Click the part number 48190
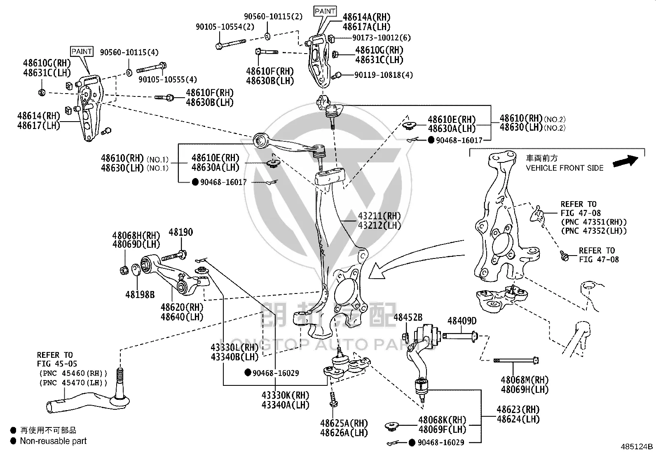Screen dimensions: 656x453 click(x=181, y=232)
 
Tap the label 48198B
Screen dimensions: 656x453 click(x=140, y=294)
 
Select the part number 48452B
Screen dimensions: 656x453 click(x=408, y=317)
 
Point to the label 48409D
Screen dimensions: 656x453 click(x=462, y=321)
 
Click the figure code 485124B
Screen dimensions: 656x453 click(x=637, y=446)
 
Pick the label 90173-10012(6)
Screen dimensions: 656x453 click(x=381, y=38)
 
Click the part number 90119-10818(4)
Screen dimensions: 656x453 click(x=384, y=75)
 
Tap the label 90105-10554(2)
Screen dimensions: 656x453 click(x=225, y=27)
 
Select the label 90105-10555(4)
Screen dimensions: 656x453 click(x=168, y=80)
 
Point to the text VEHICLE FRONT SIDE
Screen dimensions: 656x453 click(x=565, y=168)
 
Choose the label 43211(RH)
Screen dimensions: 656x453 click(x=379, y=216)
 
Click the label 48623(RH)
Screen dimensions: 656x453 click(x=518, y=409)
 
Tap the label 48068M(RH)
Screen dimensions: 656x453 click(x=525, y=380)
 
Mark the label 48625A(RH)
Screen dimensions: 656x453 click(x=344, y=423)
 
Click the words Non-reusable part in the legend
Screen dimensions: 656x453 click(x=53, y=441)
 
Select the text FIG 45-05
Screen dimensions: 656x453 click(x=57, y=364)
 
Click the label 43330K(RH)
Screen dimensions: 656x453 click(x=285, y=395)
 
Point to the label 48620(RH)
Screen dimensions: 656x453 click(x=182, y=307)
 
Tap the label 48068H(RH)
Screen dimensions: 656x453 click(x=136, y=235)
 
